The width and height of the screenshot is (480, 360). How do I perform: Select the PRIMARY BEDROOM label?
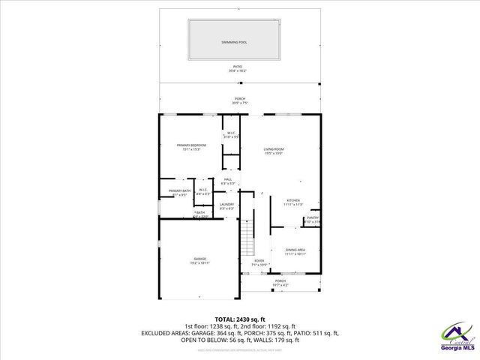191,145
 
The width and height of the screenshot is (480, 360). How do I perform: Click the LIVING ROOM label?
274,149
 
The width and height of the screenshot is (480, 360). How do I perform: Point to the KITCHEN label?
292,201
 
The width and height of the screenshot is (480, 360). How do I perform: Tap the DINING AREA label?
295,250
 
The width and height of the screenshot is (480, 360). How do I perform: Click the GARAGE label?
199,259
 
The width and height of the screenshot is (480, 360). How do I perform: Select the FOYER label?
259,260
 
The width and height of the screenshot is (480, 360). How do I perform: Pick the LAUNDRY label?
226,204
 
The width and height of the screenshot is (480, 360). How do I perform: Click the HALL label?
228,179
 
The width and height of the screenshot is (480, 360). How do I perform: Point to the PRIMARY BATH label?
179,191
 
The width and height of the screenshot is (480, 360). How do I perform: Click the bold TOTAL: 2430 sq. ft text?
240,319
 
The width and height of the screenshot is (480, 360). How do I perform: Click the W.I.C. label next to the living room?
232,133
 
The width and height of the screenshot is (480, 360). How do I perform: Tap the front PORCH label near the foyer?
280,280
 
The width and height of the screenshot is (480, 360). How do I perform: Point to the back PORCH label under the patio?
240,98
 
